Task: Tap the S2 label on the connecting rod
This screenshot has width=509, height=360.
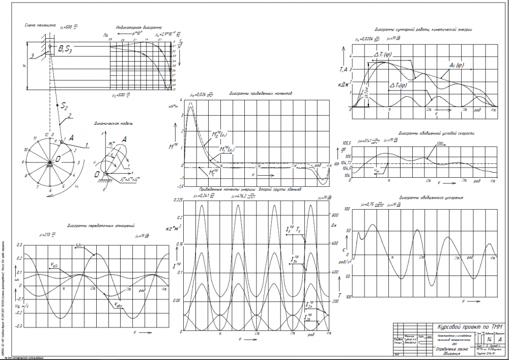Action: pyautogui.click(x=64, y=106)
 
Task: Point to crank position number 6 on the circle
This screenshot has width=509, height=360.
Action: pyautogui.click(x=50, y=190)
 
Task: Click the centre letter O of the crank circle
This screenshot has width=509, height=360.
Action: pyautogui.click(x=59, y=159)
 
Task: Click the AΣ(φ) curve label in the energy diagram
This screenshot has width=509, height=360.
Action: pyautogui.click(x=459, y=65)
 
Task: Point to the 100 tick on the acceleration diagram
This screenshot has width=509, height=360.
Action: pyautogui.click(x=348, y=209)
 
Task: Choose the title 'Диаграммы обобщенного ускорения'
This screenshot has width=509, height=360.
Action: pyautogui.click(x=431, y=197)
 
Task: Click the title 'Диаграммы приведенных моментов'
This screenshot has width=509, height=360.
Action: pyautogui.click(x=259, y=94)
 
